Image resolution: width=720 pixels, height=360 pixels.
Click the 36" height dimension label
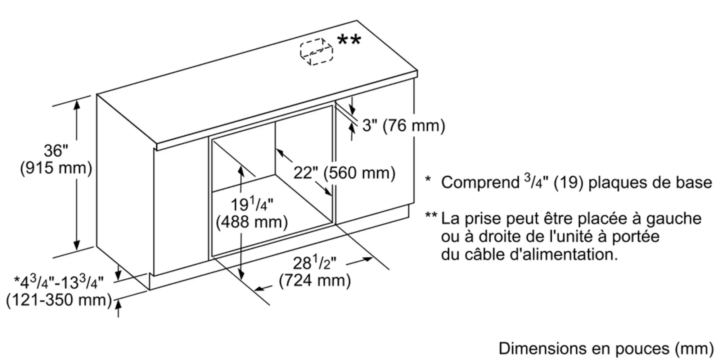[x=56, y=150]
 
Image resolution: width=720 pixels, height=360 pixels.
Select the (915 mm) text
[x=56, y=168]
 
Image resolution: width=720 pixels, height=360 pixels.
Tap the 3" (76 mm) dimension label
[x=404, y=125]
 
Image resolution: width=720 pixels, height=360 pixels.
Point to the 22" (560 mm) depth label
[x=344, y=173]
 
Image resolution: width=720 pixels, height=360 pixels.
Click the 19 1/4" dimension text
[x=252, y=204]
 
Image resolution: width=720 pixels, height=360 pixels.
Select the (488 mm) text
[x=252, y=222]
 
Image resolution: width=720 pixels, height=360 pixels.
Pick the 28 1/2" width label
[x=314, y=263]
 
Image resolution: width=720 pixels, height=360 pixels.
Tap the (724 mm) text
[x=315, y=280]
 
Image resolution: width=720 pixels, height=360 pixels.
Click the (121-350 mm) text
[x=59, y=300]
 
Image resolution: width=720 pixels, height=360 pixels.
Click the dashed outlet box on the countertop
[x=316, y=51]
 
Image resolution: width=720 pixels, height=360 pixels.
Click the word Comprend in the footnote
[x=480, y=183]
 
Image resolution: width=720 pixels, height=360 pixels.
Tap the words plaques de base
[x=650, y=183]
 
